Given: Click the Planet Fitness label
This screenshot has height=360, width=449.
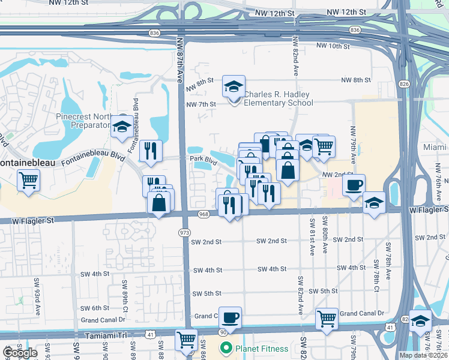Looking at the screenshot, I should tap(262, 348).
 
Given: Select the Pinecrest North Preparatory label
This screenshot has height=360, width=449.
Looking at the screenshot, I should tap(83, 121).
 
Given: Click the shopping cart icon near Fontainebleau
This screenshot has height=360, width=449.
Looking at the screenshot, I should tap(28, 179).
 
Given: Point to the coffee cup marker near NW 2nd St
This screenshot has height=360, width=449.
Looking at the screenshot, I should tap(354, 185).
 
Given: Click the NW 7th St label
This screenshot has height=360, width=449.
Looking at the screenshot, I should tap(200, 104).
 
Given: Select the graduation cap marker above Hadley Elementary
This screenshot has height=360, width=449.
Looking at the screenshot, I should tap(234, 86).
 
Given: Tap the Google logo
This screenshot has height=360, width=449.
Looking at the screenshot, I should tap(19, 353).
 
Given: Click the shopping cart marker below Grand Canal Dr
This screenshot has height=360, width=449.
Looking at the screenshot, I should tap(327, 319).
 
